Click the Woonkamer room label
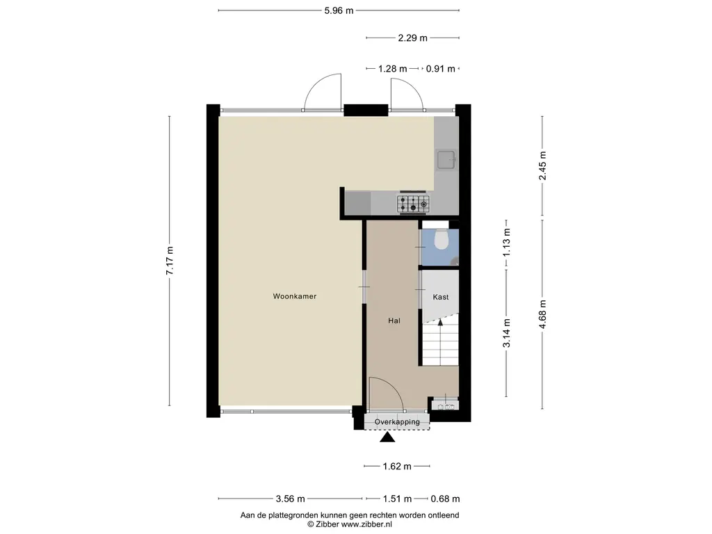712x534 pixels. click(294, 296)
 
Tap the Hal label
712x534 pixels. click(394, 321)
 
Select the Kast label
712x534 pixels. click(440, 297)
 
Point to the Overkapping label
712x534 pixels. click(397, 422)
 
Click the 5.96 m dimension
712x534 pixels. click(339, 10)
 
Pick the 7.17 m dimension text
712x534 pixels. click(170, 261)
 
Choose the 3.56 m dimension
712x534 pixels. click(290, 499)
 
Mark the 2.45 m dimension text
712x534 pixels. click(542, 165)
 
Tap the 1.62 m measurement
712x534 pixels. click(397, 467)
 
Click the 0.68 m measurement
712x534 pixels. click(445, 499)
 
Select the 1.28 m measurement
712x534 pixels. click(392, 69)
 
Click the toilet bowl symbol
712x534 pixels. click(441, 240)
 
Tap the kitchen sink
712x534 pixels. click(446, 159)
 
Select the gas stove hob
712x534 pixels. click(413, 204)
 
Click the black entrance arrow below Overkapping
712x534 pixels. click(387, 437)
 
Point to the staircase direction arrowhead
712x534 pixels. click(440, 322)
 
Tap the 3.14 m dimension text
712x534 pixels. click(507, 333)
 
